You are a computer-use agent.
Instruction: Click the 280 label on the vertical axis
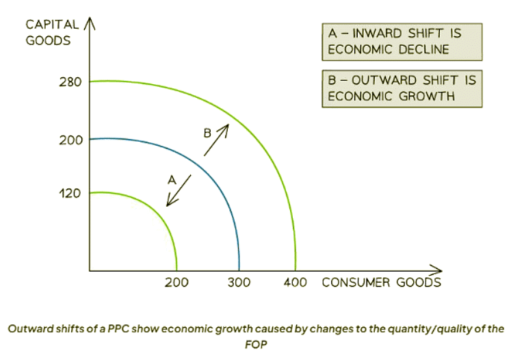click(70, 82)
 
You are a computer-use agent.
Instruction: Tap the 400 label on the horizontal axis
click(295, 282)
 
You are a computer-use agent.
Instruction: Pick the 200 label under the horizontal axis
click(176, 282)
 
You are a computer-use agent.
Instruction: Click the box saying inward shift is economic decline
click(402, 42)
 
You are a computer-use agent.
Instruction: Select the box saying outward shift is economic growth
click(402, 88)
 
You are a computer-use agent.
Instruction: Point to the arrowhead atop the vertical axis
click(90, 25)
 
